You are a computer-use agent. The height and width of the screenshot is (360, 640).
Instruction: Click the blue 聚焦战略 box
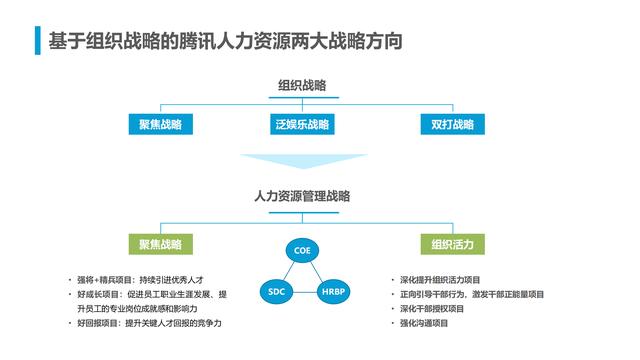point(160,125)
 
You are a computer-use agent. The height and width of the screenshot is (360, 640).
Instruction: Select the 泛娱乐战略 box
point(301,125)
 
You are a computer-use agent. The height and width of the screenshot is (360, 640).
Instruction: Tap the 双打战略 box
point(453,125)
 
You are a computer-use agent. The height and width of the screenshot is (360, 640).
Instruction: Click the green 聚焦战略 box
point(160,244)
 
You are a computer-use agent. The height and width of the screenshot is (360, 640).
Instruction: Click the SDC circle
point(277,292)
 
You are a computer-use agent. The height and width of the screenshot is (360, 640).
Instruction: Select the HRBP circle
point(332,292)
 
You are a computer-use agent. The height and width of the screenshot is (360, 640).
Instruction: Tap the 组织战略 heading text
point(302,86)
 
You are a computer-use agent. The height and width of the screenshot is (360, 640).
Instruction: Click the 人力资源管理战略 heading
point(302,197)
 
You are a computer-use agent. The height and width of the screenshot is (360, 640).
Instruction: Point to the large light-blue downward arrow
point(302,161)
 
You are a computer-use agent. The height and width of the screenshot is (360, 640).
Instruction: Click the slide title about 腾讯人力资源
point(225,41)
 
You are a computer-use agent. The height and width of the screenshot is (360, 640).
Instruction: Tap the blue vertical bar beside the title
point(38,41)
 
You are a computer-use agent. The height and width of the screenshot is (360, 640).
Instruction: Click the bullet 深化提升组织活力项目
point(440,279)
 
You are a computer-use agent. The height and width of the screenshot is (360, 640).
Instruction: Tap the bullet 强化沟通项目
point(426,324)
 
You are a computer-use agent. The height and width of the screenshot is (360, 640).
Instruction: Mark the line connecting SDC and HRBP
point(304,292)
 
